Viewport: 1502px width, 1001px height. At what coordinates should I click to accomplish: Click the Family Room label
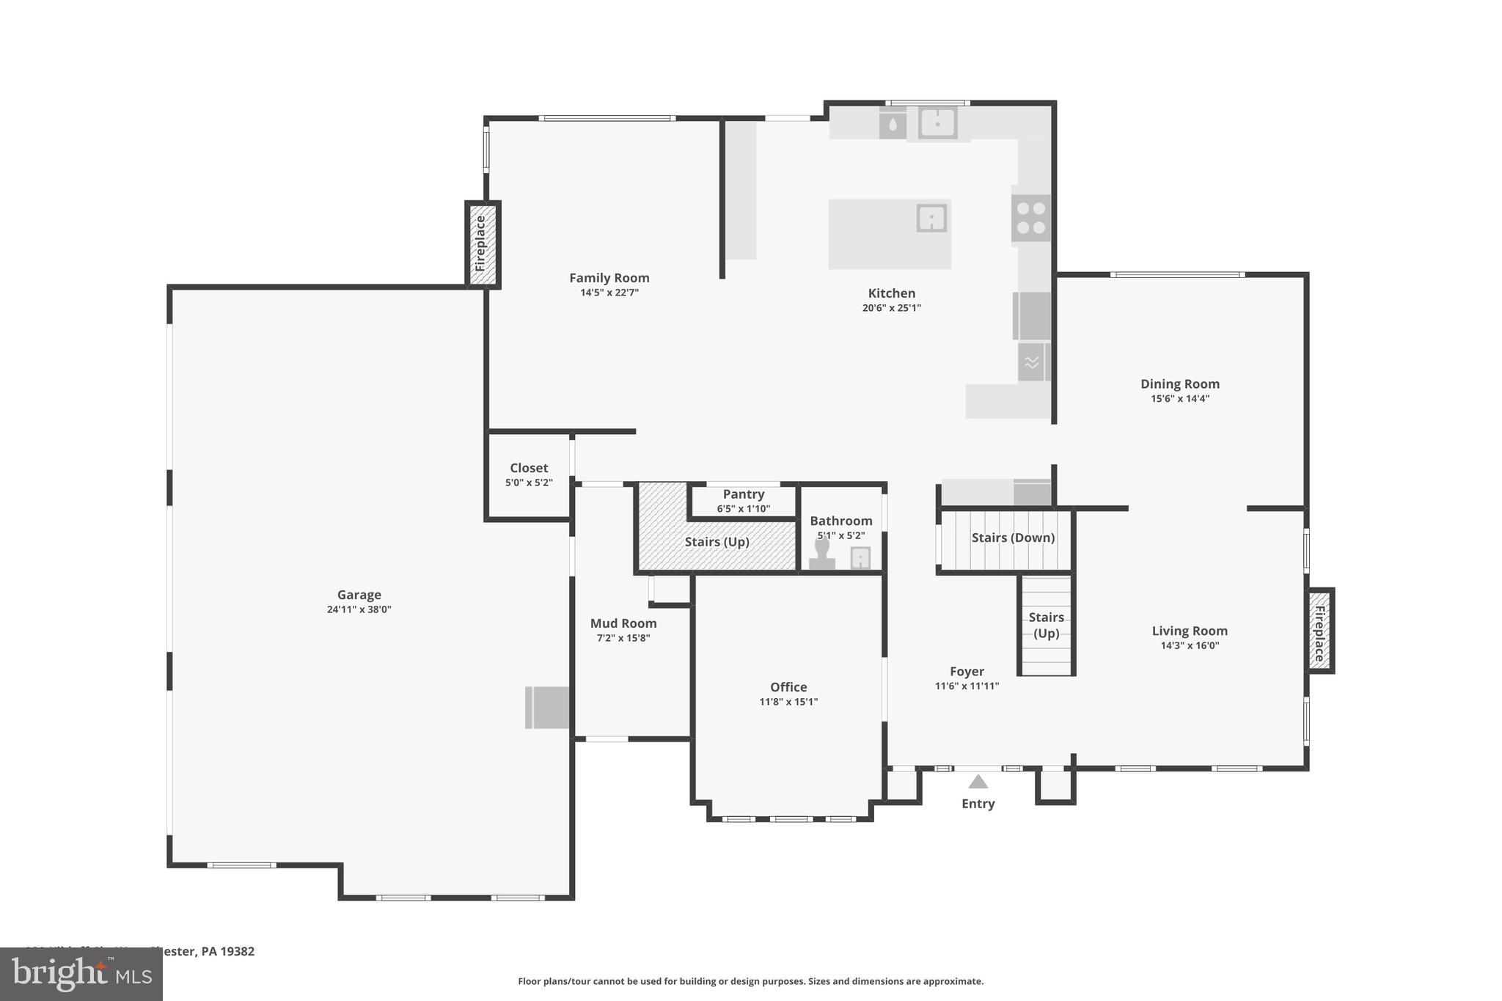(609, 278)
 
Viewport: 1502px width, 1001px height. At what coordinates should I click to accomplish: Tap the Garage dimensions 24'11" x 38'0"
(359, 609)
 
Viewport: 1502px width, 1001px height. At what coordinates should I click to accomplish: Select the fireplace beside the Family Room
(482, 243)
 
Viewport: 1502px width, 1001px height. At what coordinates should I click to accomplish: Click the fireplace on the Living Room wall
(1320, 631)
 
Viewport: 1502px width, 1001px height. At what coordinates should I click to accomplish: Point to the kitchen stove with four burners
(1031, 219)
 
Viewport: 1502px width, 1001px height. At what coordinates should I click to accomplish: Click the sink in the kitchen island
(931, 219)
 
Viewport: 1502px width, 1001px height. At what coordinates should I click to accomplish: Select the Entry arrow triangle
(978, 782)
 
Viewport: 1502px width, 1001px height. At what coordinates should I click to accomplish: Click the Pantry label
(743, 494)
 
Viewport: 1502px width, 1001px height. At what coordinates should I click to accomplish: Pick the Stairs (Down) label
(1013, 538)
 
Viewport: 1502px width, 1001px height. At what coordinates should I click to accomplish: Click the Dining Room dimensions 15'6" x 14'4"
(1179, 399)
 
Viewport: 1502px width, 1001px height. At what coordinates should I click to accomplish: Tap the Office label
(788, 687)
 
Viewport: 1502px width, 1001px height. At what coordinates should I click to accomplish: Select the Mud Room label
(623, 623)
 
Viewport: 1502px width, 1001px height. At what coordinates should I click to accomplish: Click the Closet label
(529, 468)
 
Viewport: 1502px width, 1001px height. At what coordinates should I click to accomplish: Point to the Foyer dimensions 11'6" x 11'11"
(967, 686)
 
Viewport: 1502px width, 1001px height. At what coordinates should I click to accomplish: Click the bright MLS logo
(81, 974)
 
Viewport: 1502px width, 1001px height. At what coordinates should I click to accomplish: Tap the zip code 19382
(237, 951)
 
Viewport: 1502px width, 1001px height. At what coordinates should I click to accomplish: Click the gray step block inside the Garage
(548, 708)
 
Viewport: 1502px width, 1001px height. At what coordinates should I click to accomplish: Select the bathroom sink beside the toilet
(860, 558)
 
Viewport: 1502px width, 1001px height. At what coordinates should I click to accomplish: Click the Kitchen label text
(891, 293)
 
